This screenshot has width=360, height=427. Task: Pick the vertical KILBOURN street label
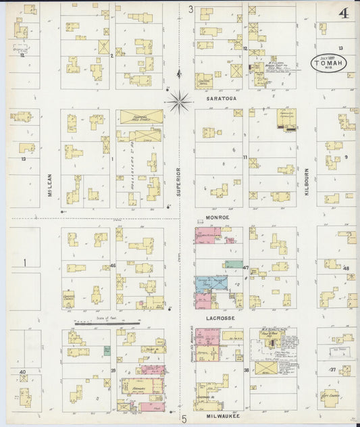pos(306,182)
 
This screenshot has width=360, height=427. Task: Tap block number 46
pos(113,266)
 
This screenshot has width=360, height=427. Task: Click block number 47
pos(246,268)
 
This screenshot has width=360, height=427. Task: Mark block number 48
pos(346,268)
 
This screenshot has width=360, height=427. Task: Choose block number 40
pos(22,372)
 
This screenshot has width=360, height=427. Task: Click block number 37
pos(332,370)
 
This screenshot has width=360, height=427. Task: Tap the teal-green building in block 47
pos(234,265)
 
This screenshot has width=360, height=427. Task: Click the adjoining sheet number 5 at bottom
pos(184,420)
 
